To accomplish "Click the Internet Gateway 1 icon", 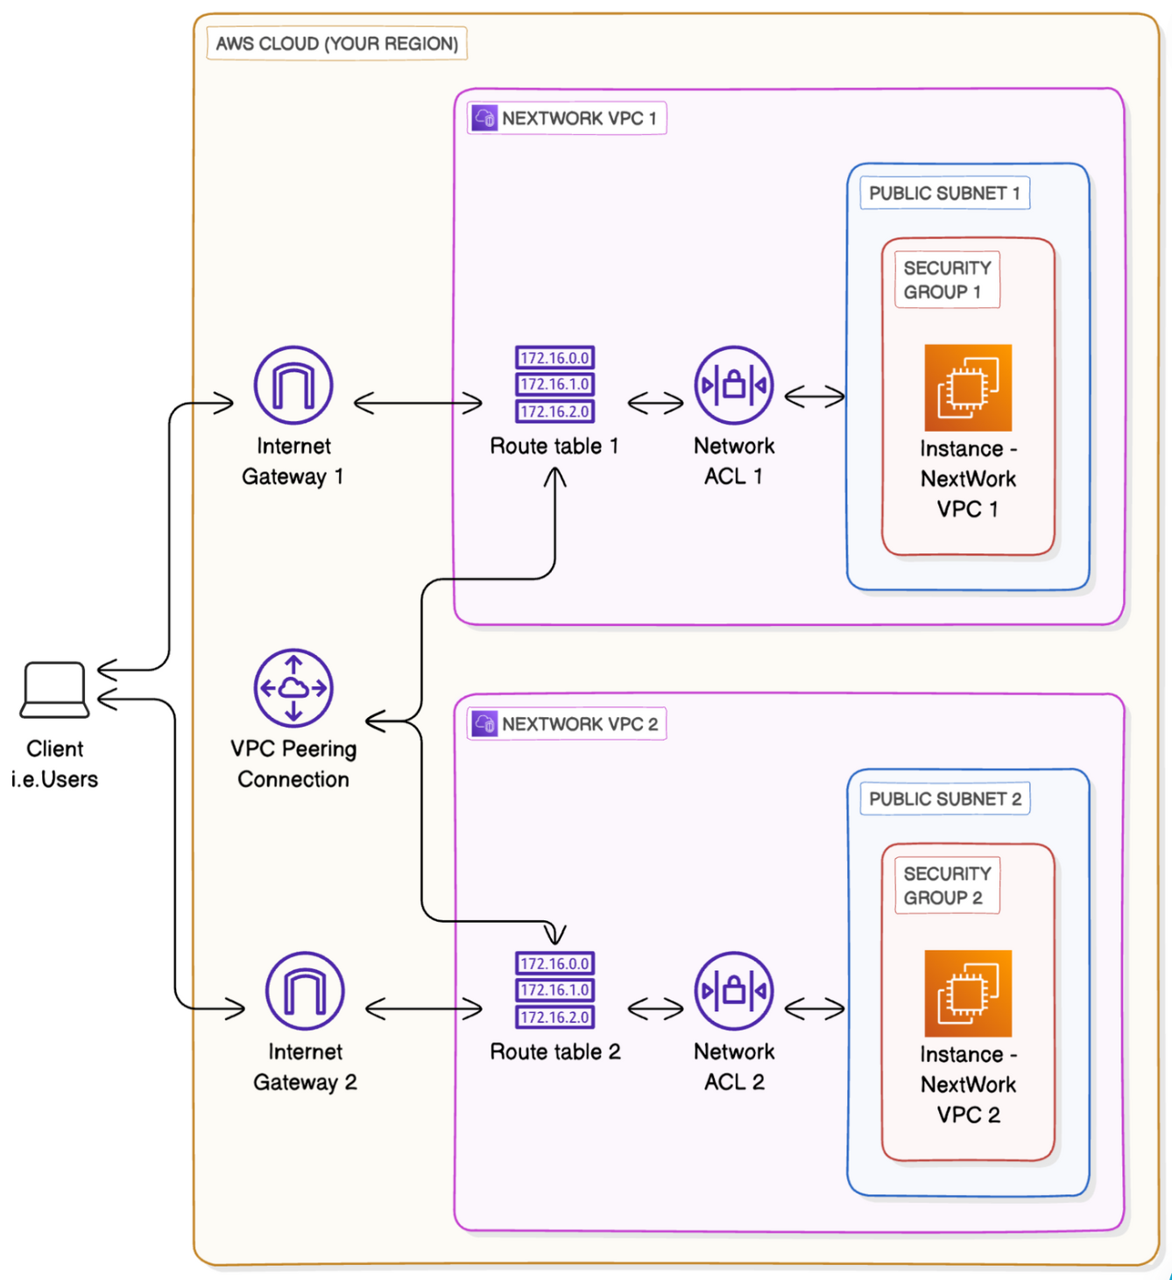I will coord(293,385).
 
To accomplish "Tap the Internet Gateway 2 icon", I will coord(305,991).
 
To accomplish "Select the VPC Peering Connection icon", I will coord(293,688).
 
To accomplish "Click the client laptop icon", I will coord(54,690).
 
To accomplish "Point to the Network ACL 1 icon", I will coord(734,385).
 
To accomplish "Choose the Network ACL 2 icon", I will coord(734,991).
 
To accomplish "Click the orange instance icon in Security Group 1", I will coord(968,388).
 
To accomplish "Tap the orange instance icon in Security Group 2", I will coord(968,994).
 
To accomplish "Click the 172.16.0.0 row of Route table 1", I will coord(554,358).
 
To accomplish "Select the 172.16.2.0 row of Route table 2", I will coord(554,1017).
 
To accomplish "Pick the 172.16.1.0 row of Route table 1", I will coord(554,384).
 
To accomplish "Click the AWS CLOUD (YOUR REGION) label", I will coord(337,44).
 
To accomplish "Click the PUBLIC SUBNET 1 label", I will coord(944,193).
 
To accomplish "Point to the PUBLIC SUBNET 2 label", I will coord(944,799).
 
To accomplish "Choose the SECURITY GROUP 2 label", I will coord(947,885).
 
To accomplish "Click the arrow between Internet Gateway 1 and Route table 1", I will coord(418,403).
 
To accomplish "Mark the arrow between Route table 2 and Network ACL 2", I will coord(655,1009).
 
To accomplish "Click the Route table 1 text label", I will coord(554,447).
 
